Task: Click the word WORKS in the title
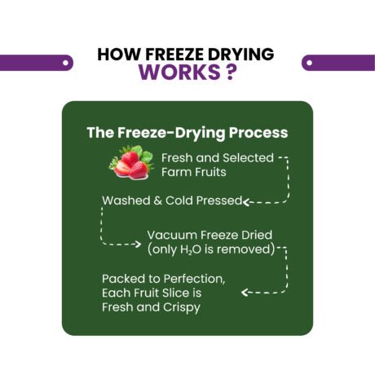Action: [x=179, y=72]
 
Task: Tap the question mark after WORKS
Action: [x=230, y=72]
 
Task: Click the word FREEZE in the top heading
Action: [x=174, y=54]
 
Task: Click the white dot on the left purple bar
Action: [x=65, y=63]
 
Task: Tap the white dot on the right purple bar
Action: [x=309, y=63]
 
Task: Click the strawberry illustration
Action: [x=131, y=162]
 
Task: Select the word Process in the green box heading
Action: [x=258, y=133]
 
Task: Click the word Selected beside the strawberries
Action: [x=248, y=157]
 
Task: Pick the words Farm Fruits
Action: [x=194, y=172]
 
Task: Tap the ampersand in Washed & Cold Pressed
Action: [x=157, y=201]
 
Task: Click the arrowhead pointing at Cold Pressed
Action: [x=245, y=202]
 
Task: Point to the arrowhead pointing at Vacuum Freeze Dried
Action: [x=138, y=244]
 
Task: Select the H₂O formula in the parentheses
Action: [x=191, y=249]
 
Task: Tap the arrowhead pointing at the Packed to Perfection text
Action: [x=245, y=293]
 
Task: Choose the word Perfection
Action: [x=195, y=279]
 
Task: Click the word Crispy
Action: [x=182, y=307]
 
